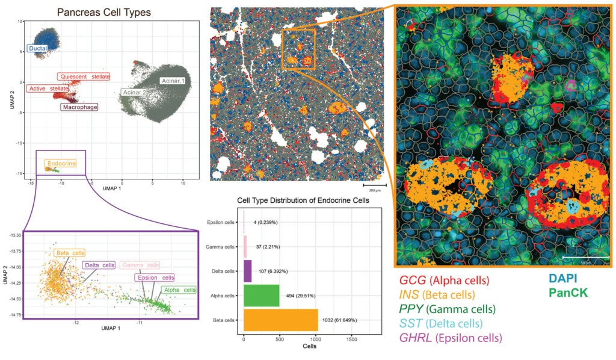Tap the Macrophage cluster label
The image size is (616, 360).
tap(79, 107)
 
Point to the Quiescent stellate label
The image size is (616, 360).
tap(85, 77)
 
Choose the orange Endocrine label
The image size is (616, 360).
tap(60, 163)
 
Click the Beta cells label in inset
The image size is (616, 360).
tap(69, 253)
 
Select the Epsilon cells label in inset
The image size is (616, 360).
tap(155, 278)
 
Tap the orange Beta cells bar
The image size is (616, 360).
tap(280, 320)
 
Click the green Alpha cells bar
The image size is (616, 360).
tap(262, 295)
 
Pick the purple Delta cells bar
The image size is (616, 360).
tap(247, 271)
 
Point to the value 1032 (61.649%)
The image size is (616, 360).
tap(340, 320)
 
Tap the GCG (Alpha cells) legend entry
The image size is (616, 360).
tap(444, 281)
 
